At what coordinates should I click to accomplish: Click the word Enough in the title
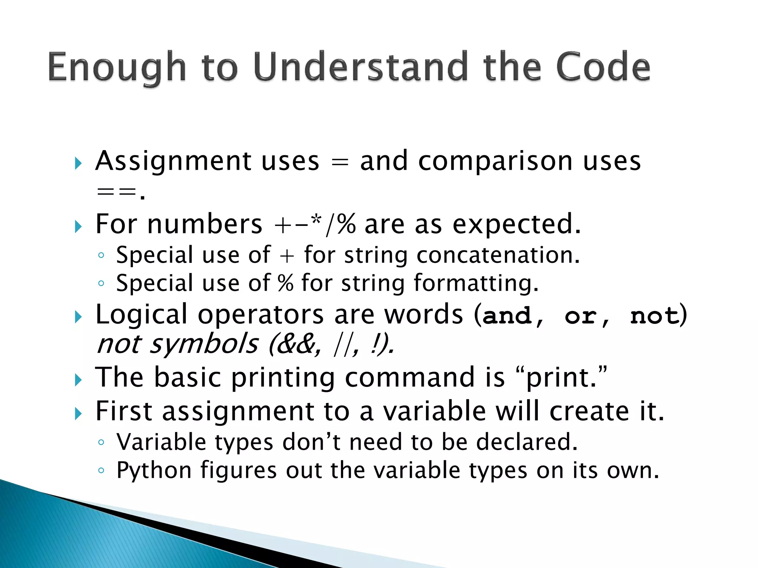(117, 67)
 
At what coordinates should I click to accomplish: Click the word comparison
(496, 162)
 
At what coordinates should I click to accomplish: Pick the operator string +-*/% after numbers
(315, 224)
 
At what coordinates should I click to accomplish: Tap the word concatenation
(498, 255)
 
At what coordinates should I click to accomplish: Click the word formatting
(476, 283)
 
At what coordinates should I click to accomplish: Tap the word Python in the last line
(154, 471)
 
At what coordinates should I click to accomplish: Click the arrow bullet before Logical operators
(78, 317)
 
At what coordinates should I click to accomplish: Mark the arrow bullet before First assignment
(78, 413)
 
